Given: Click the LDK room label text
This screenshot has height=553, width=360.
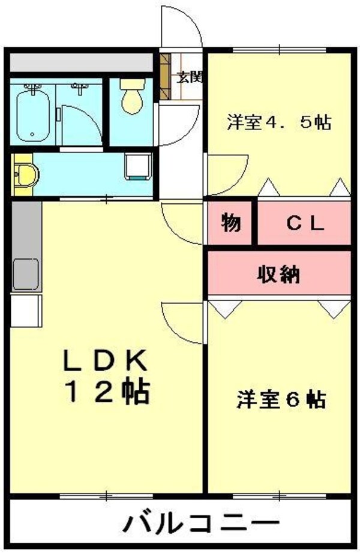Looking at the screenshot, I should pyautogui.click(x=106, y=361).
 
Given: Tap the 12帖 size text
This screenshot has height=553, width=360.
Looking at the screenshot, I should pyautogui.click(x=107, y=393).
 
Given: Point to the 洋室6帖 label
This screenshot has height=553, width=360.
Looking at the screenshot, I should pyautogui.click(x=281, y=399).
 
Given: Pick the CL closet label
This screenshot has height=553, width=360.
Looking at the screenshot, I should pyautogui.click(x=304, y=224).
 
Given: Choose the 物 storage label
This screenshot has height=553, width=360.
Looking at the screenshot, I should pyautogui.click(x=230, y=223).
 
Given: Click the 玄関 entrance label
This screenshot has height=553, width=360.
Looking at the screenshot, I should pyautogui.click(x=190, y=77).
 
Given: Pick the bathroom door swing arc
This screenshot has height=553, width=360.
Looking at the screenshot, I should pyautogui.click(x=81, y=123).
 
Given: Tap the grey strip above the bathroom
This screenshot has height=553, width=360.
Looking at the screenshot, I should pyautogui.click(x=81, y=62).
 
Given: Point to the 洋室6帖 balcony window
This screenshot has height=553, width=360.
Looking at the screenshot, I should pyautogui.click(x=280, y=495).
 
